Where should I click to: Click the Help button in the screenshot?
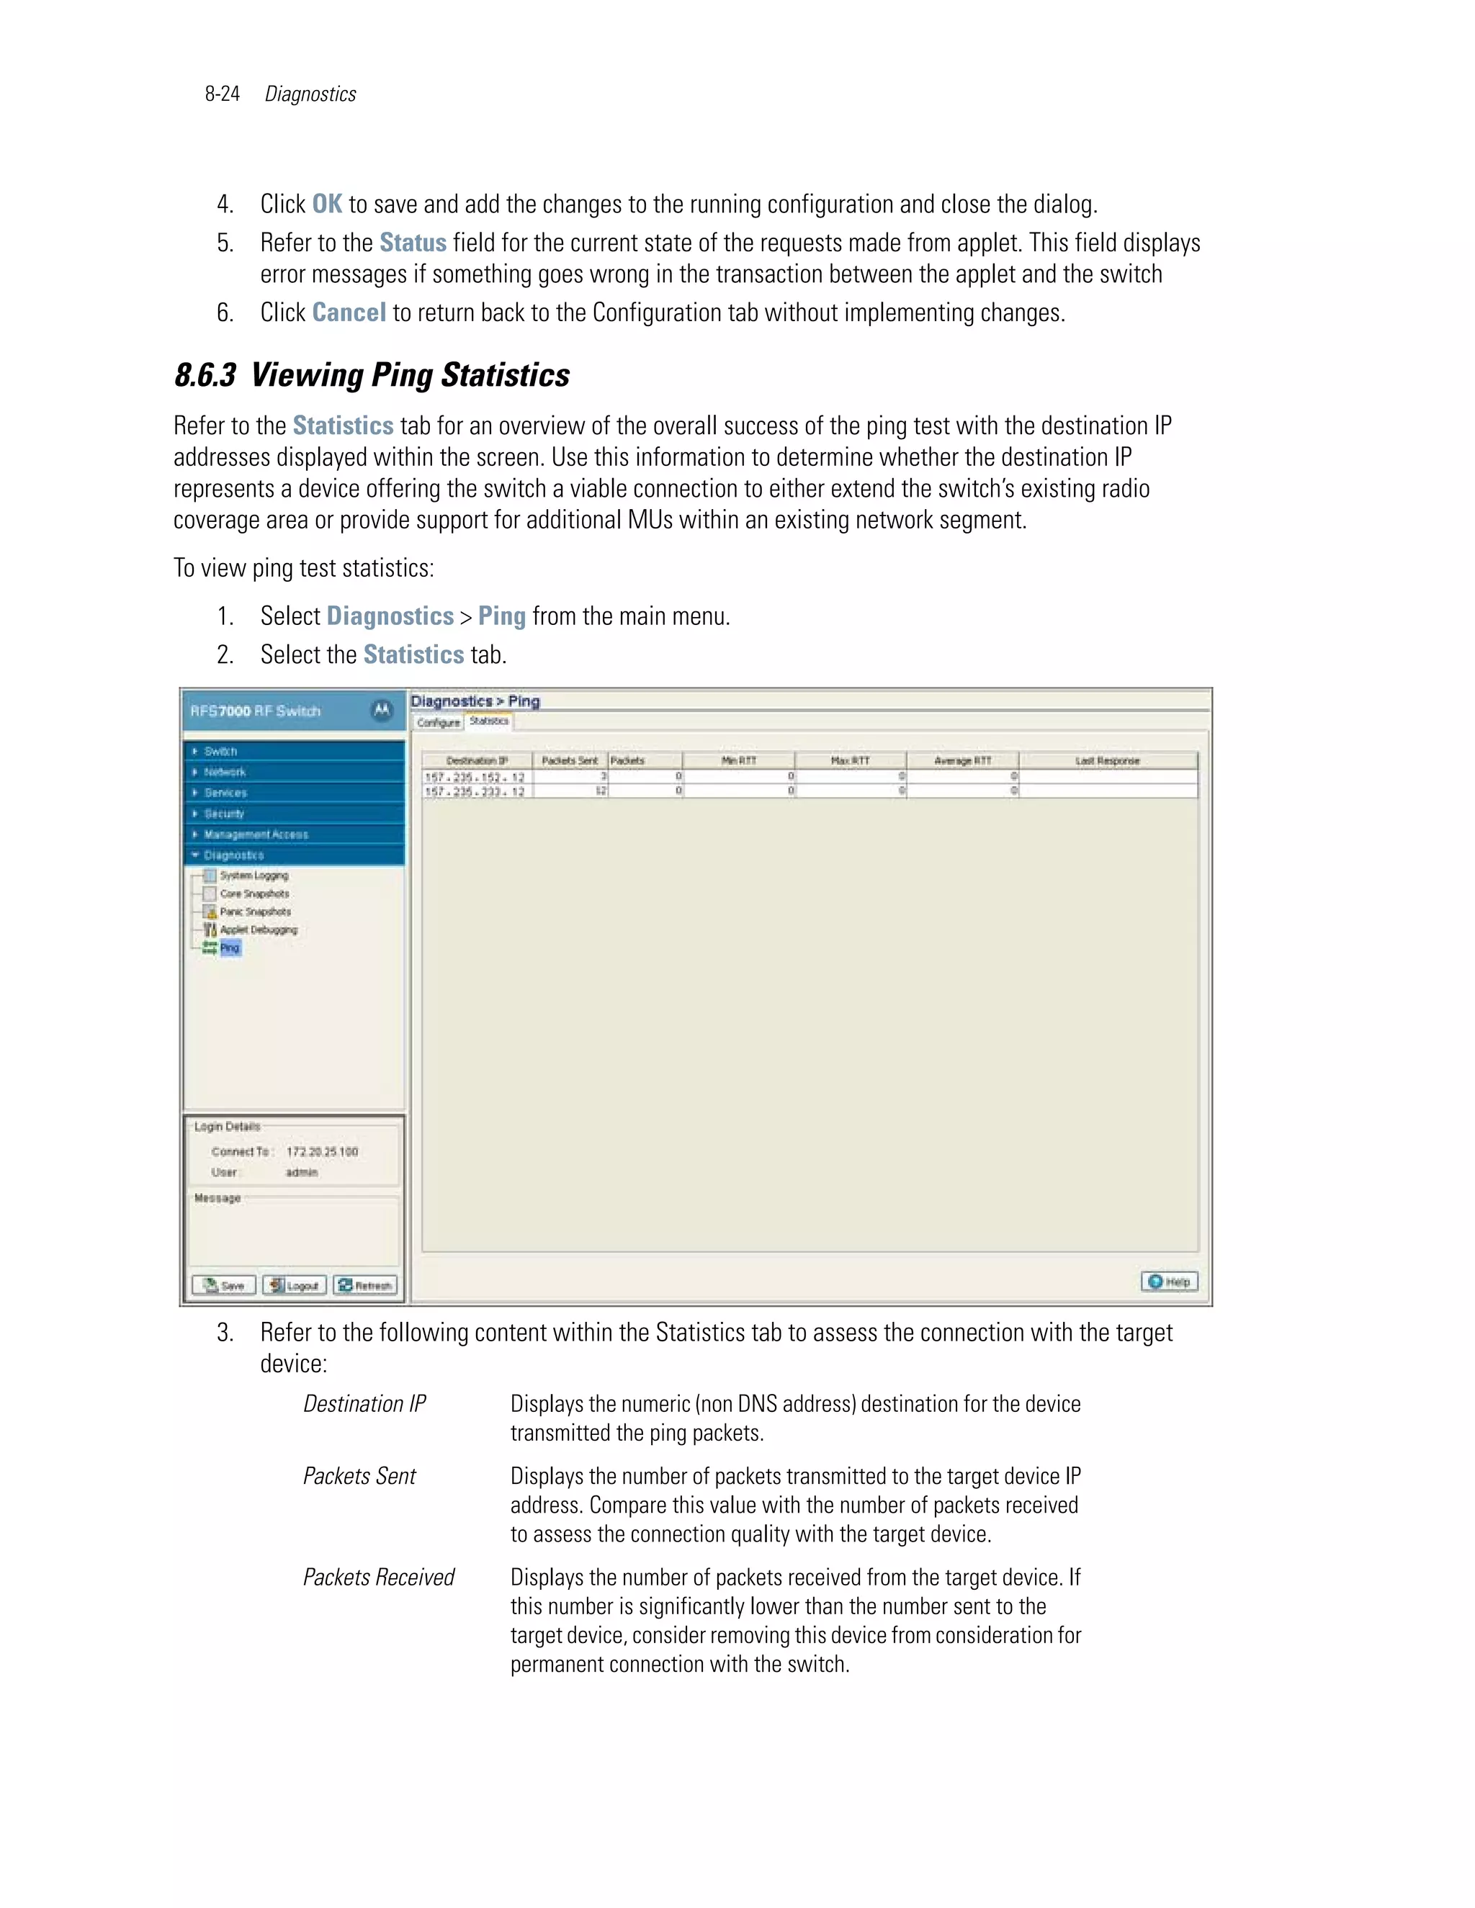(1169, 1282)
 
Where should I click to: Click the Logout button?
(295, 1285)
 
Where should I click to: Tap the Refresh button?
(365, 1285)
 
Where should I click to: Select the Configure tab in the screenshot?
(438, 722)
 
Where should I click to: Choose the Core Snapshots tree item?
(254, 894)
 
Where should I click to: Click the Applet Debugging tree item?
(258, 930)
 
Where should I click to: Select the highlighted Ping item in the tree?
(230, 948)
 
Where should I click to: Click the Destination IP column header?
(477, 761)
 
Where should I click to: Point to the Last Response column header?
(1107, 761)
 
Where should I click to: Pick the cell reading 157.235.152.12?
(475, 777)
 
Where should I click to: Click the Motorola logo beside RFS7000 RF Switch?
(382, 710)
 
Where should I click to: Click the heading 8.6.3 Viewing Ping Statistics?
(372, 375)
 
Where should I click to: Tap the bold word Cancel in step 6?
(349, 312)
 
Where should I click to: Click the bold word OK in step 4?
(327, 204)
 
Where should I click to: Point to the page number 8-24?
(222, 94)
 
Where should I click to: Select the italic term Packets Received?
(378, 1577)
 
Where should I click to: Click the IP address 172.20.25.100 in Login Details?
(321, 1151)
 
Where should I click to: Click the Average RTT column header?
(962, 761)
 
